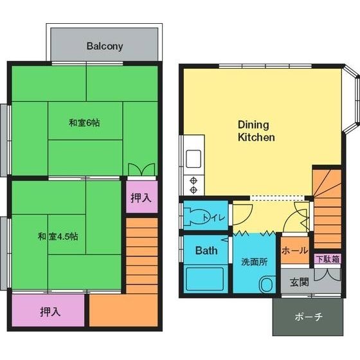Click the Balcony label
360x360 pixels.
pyautogui.click(x=105, y=46)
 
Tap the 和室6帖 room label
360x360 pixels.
pyautogui.click(x=84, y=123)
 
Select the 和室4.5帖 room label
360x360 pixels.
pyautogui.click(x=58, y=237)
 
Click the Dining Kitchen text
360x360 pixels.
pyautogui.click(x=256, y=131)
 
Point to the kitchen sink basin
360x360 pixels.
pyautogui.click(x=194, y=159)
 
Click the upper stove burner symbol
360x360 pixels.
pyautogui.click(x=194, y=181)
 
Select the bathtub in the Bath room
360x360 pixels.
pyautogui.click(x=204, y=279)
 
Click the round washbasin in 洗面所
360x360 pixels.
pyautogui.click(x=267, y=284)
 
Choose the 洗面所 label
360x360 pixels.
pyautogui.click(x=255, y=262)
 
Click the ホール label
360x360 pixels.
pyautogui.click(x=295, y=250)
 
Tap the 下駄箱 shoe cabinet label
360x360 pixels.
pyautogui.click(x=328, y=259)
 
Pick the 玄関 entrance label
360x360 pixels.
pyautogui.click(x=299, y=282)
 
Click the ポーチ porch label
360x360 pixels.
pyautogui.click(x=309, y=317)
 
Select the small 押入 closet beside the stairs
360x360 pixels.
pyautogui.click(x=141, y=197)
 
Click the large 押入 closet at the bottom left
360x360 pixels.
pyautogui.click(x=48, y=310)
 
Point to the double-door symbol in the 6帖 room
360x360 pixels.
pyautogui.click(x=141, y=170)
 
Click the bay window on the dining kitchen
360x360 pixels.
pyautogui.click(x=351, y=99)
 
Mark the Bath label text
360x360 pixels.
pyautogui.click(x=206, y=251)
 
